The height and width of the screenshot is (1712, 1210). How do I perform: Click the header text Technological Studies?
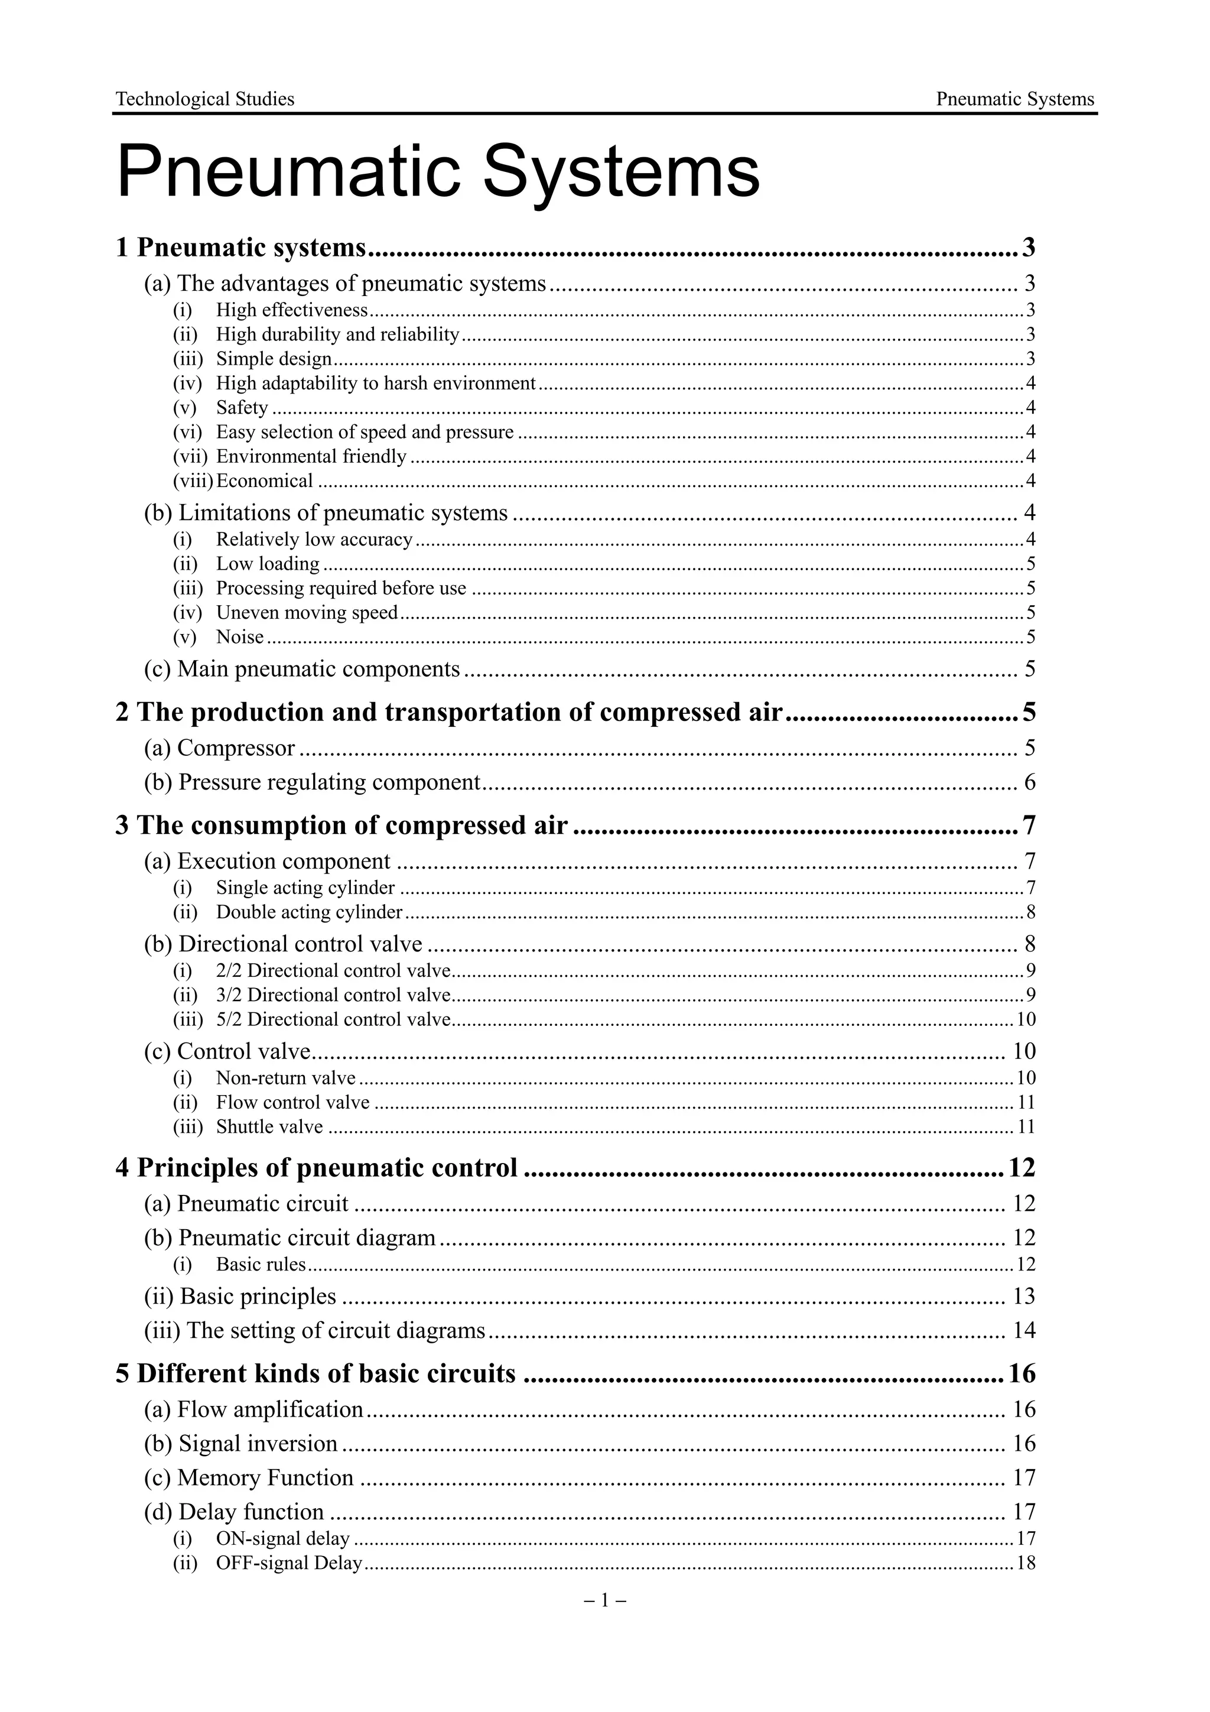pos(205,99)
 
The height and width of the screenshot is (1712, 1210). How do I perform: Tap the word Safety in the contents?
pos(242,408)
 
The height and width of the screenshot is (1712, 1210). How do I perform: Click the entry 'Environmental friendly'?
pos(311,456)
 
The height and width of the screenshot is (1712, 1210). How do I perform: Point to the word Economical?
pos(264,481)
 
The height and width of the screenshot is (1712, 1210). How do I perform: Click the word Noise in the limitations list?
pos(239,637)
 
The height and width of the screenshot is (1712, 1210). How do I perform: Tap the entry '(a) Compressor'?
pos(220,748)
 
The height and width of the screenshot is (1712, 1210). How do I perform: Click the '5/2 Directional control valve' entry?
pos(333,1019)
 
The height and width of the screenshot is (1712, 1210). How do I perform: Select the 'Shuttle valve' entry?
pos(269,1127)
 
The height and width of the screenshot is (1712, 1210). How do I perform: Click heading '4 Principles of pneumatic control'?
pos(316,1168)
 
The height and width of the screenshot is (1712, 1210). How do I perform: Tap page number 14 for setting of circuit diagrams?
pos(1024,1330)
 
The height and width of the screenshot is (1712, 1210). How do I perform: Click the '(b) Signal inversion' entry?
pos(241,1444)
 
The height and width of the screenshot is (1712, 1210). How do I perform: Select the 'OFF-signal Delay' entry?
pos(288,1563)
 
